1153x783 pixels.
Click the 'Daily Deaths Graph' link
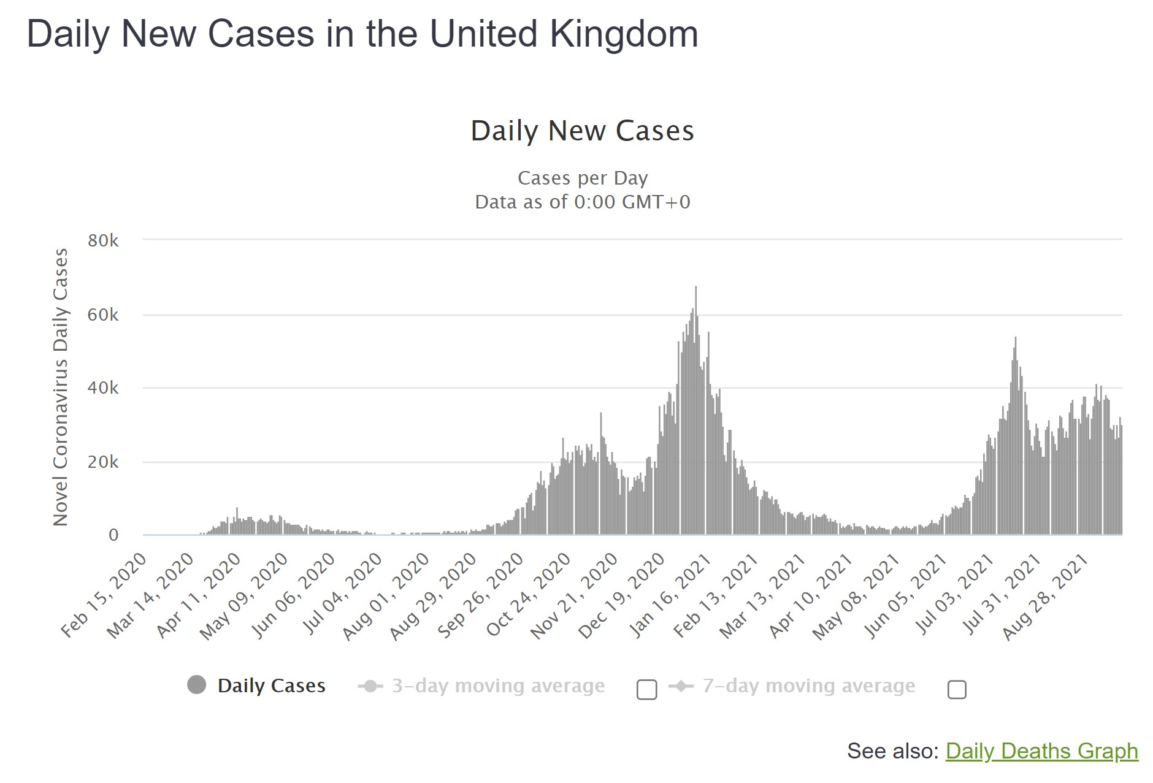click(x=1041, y=751)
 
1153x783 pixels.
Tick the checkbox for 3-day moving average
click(x=646, y=689)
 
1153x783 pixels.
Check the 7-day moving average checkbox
click(x=957, y=689)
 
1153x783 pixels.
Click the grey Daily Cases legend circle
click(x=197, y=685)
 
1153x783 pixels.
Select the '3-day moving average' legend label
click(x=498, y=686)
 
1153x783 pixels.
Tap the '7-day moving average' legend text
click(x=808, y=686)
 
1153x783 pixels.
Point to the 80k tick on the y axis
click(x=103, y=240)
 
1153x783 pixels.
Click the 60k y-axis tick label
click(x=103, y=315)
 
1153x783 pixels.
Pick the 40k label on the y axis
click(x=103, y=388)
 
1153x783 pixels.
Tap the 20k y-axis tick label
click(x=103, y=462)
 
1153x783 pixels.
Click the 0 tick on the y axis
click(x=113, y=535)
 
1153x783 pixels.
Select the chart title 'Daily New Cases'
click(x=582, y=131)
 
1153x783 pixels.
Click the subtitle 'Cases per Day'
click(x=582, y=178)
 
